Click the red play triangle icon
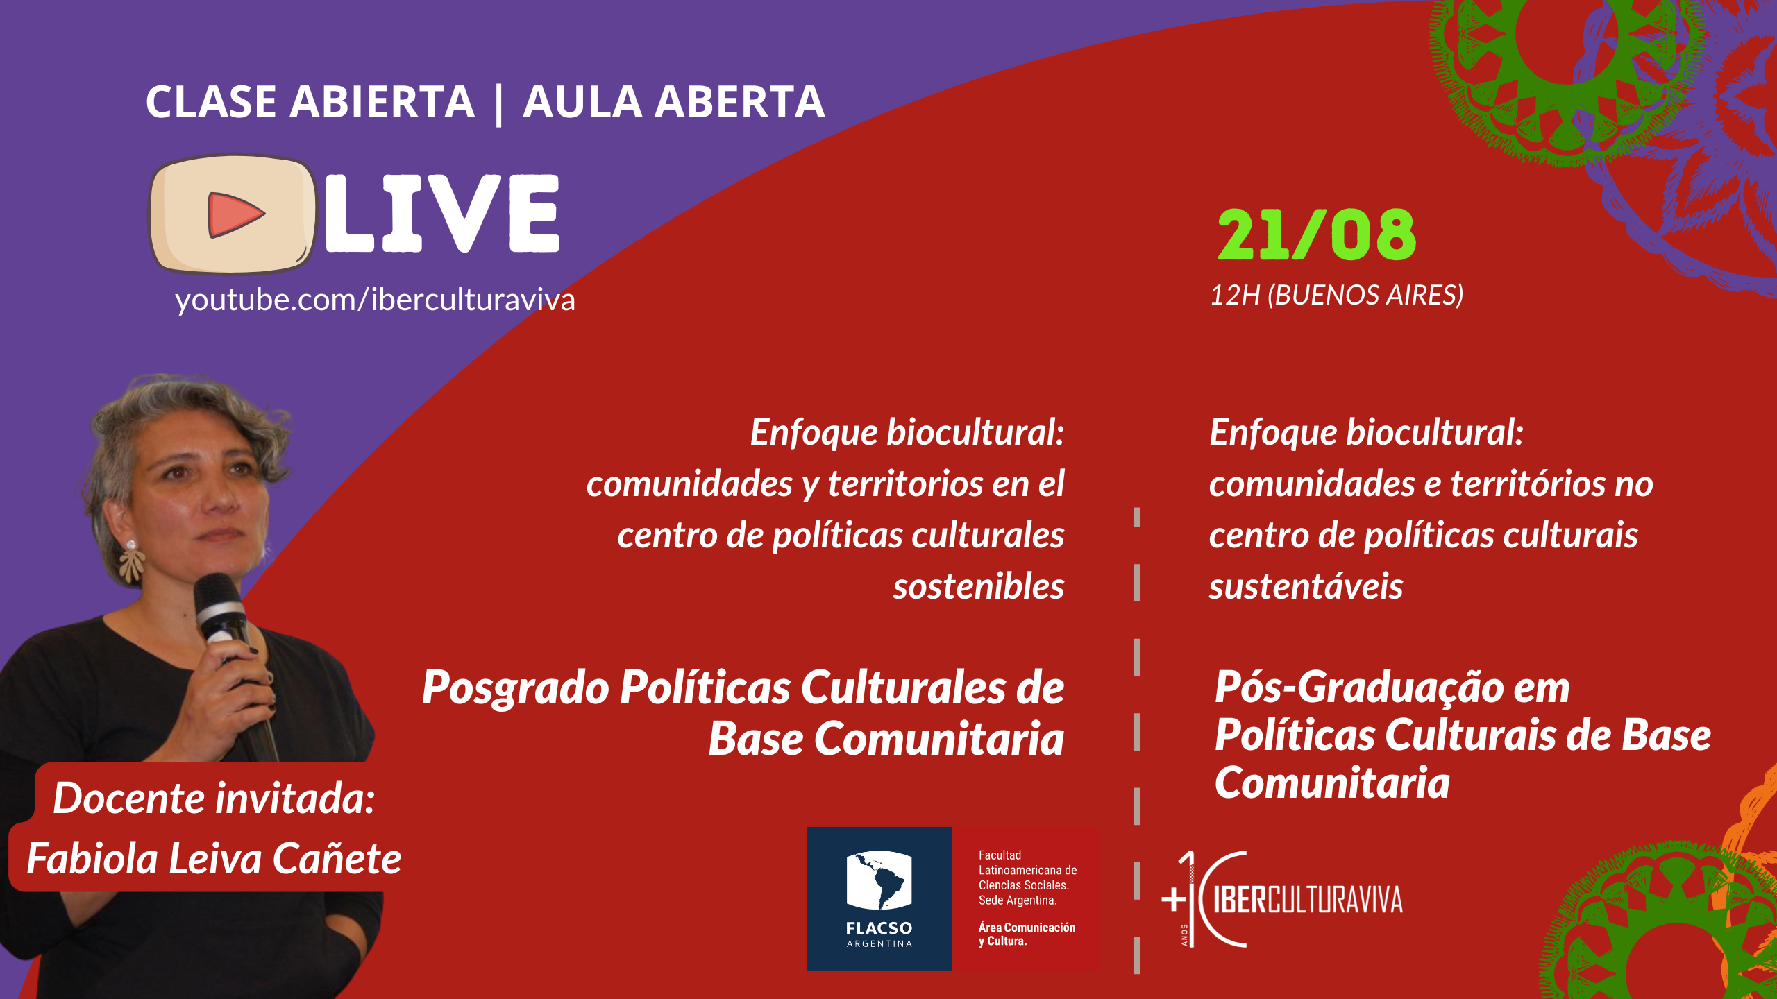coord(234,214)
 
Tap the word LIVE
coord(442,213)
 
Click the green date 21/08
coord(1317,235)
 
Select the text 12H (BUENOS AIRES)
coord(1336,296)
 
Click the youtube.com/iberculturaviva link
coord(375,300)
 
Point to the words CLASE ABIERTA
coord(310,102)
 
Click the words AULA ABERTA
coord(673,102)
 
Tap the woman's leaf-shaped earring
coord(131,563)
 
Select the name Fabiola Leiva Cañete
coord(214,859)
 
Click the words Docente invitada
coord(214,799)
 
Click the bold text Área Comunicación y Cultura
coord(1027,934)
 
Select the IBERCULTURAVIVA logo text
coord(1308,900)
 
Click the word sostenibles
coord(979,587)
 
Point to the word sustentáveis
coord(1306,587)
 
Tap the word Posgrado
coord(516,689)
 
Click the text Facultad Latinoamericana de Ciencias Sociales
coord(1028,871)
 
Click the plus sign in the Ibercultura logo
coord(1174,900)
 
